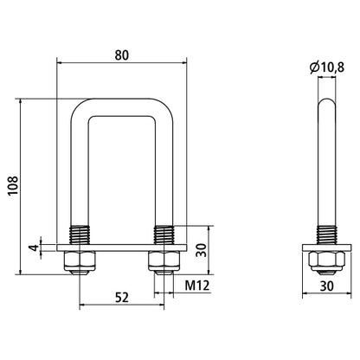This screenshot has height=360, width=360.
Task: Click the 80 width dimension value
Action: click(x=122, y=54)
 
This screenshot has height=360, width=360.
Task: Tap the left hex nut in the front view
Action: click(x=80, y=260)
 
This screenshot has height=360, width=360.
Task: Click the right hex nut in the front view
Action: click(x=164, y=260)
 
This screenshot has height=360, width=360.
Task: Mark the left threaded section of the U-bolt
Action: click(x=80, y=235)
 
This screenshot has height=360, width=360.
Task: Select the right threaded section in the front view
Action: click(x=164, y=235)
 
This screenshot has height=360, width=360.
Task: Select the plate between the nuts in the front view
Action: click(x=122, y=248)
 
